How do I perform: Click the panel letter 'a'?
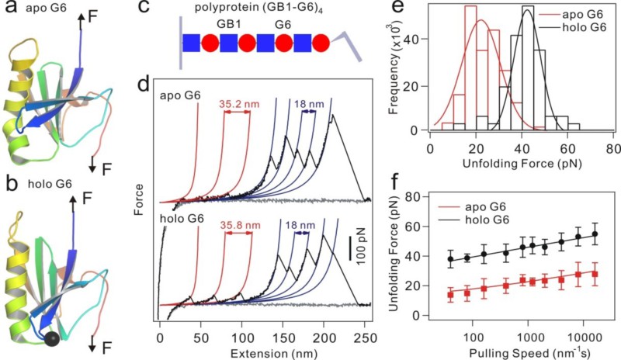(x=10, y=9)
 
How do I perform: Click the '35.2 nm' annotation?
(x=237, y=100)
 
